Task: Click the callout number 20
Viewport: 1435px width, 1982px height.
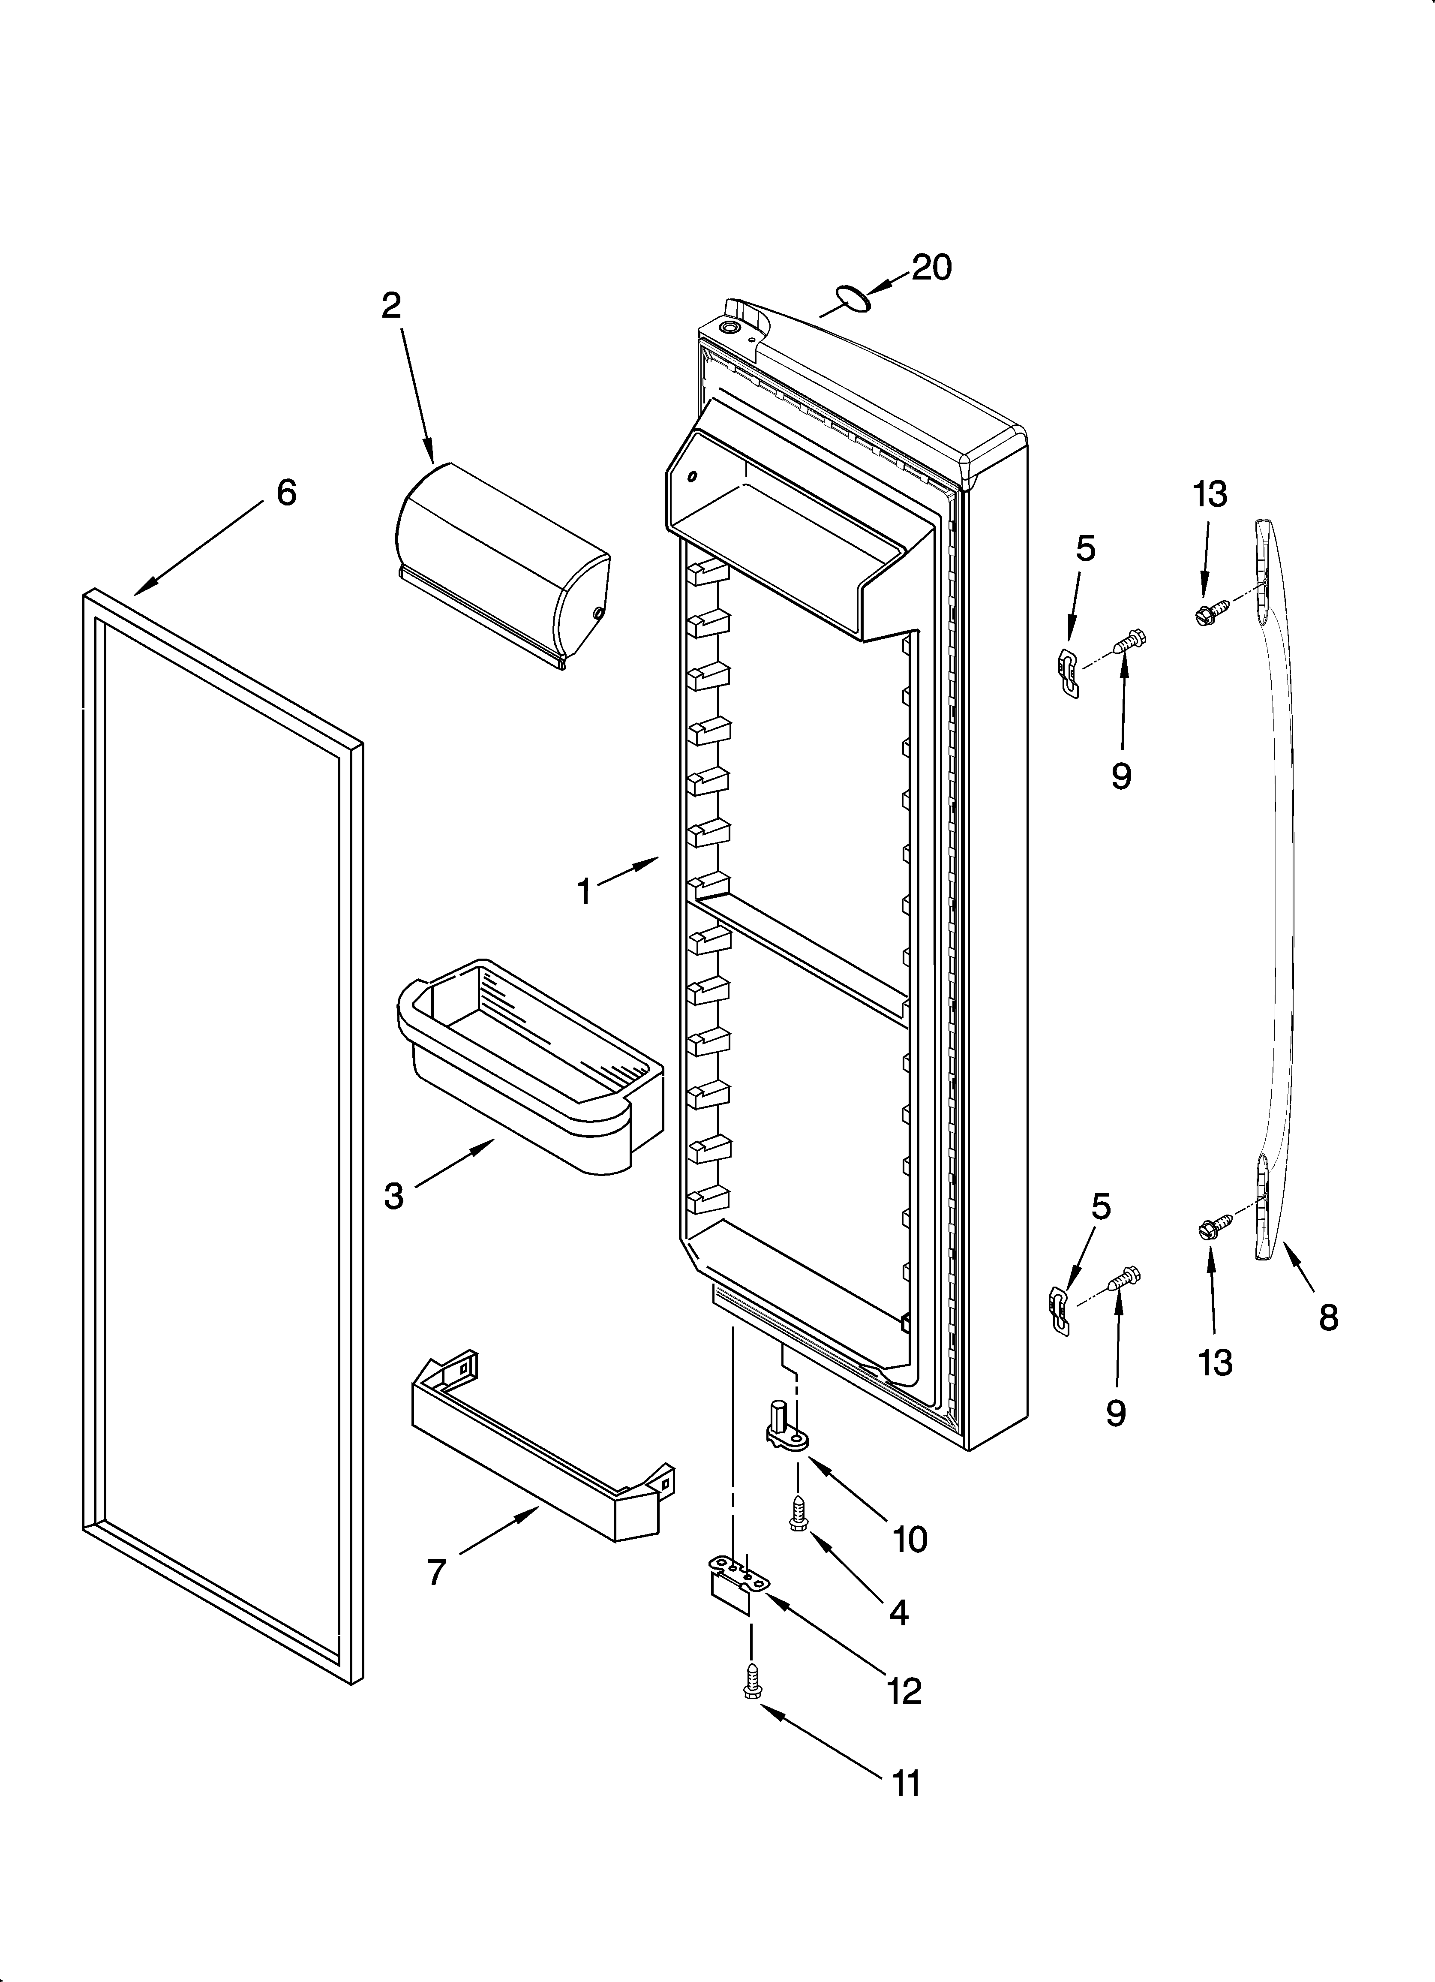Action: click(932, 268)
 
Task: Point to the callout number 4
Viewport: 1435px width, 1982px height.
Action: click(898, 1612)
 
